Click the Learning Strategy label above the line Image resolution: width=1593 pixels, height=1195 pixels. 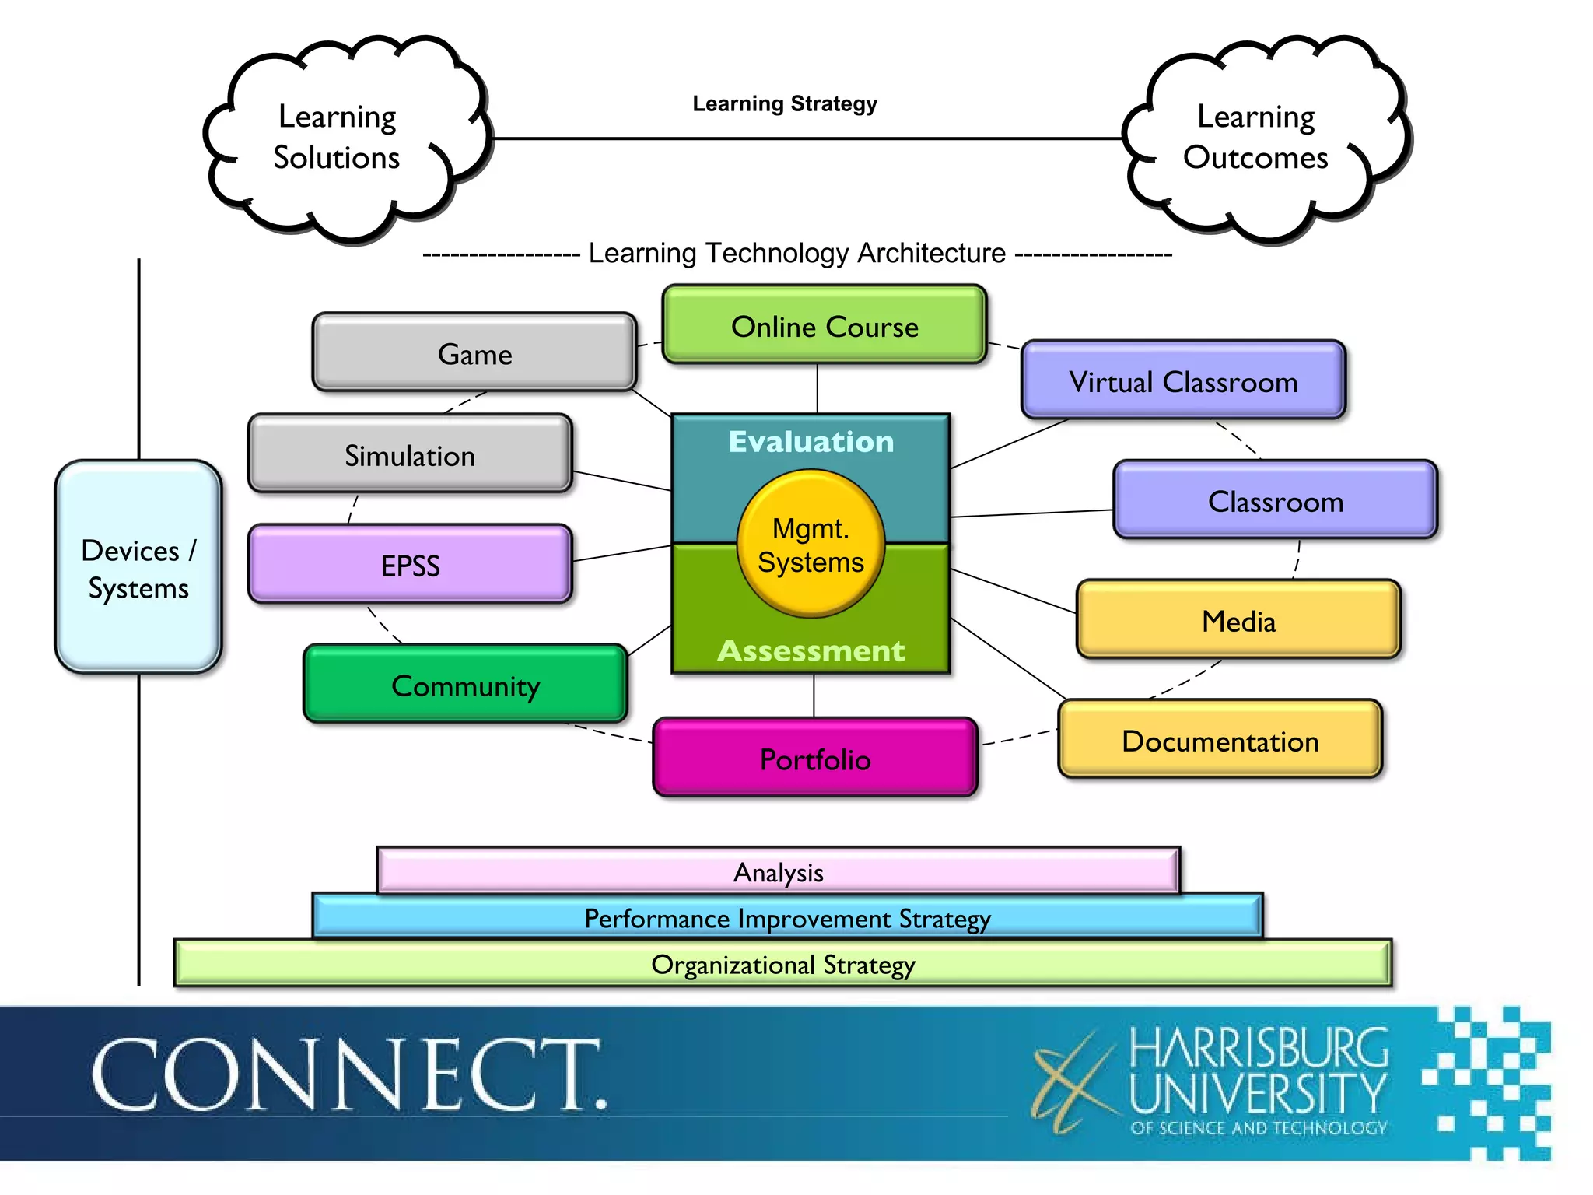(x=784, y=104)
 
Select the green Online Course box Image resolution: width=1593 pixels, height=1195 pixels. (x=825, y=326)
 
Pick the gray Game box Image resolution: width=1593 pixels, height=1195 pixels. (x=474, y=354)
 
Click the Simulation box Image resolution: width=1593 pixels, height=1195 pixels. (x=410, y=455)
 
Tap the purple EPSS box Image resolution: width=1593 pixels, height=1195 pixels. (x=410, y=565)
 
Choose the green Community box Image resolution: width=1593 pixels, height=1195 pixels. (x=465, y=685)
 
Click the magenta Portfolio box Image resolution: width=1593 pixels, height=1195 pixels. (x=815, y=759)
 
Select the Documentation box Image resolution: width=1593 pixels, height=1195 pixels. (x=1220, y=741)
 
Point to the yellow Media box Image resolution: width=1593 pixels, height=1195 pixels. (x=1238, y=621)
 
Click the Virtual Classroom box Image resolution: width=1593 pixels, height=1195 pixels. (x=1182, y=381)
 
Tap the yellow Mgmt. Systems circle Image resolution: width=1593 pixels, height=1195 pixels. (x=811, y=545)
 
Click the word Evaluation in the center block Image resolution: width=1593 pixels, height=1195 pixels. (x=811, y=442)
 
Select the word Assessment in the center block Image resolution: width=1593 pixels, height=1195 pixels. (x=811, y=650)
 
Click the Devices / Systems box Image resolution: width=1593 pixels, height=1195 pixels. (x=138, y=568)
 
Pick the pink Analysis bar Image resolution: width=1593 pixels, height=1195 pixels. (x=778, y=872)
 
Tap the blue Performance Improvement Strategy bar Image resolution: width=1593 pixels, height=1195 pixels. (x=787, y=918)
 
